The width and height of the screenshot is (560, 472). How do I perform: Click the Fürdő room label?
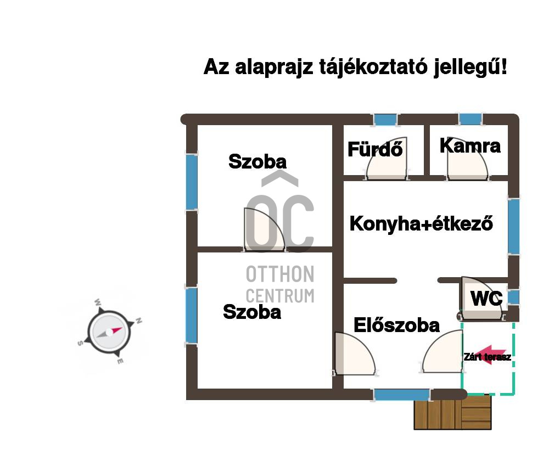(x=375, y=149)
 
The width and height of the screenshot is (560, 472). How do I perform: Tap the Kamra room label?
(x=470, y=145)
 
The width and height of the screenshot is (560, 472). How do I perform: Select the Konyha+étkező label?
(x=422, y=223)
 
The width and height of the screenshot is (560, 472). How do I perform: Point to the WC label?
(x=486, y=299)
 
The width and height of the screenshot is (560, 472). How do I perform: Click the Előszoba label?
(x=396, y=325)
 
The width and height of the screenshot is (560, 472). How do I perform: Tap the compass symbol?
(x=109, y=332)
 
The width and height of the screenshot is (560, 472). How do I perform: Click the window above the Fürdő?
(x=385, y=119)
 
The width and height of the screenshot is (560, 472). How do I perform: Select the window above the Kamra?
(x=471, y=119)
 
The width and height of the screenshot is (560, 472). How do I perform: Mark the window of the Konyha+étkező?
(x=513, y=227)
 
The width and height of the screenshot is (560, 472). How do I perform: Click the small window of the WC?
(x=513, y=297)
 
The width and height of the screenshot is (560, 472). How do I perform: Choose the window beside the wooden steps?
(x=402, y=395)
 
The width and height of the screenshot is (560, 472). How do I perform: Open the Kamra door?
(x=468, y=158)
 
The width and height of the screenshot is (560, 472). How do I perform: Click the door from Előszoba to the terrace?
(x=443, y=351)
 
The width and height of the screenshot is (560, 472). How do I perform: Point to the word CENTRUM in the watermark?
(x=280, y=296)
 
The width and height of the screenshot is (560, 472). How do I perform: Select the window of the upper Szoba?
(x=192, y=182)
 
